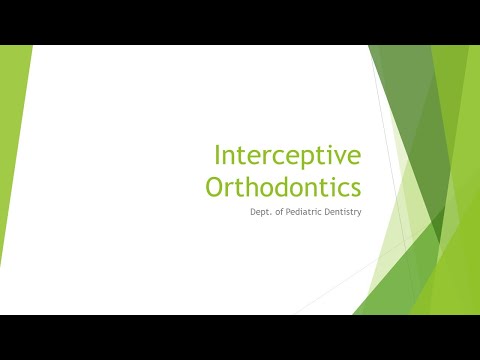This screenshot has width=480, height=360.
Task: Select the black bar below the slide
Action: pos(240,337)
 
